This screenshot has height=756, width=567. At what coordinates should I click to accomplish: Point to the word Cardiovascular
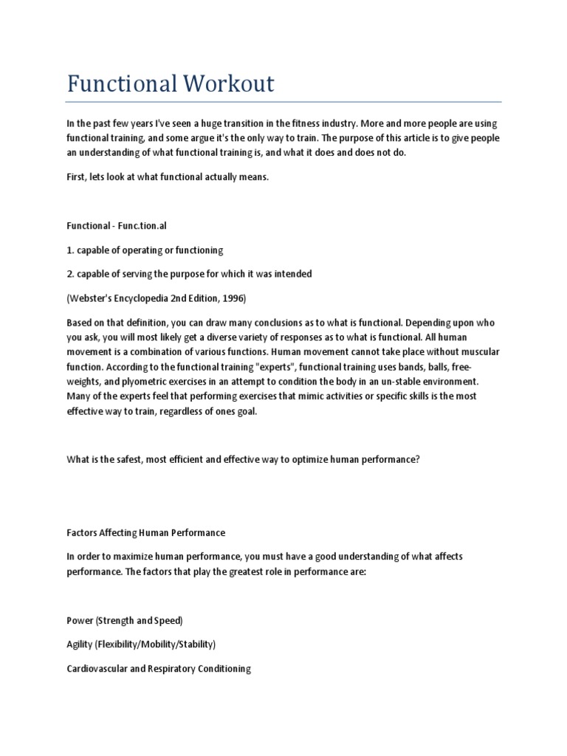pyautogui.click(x=98, y=669)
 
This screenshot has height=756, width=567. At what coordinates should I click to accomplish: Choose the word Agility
pyautogui.click(x=79, y=645)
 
